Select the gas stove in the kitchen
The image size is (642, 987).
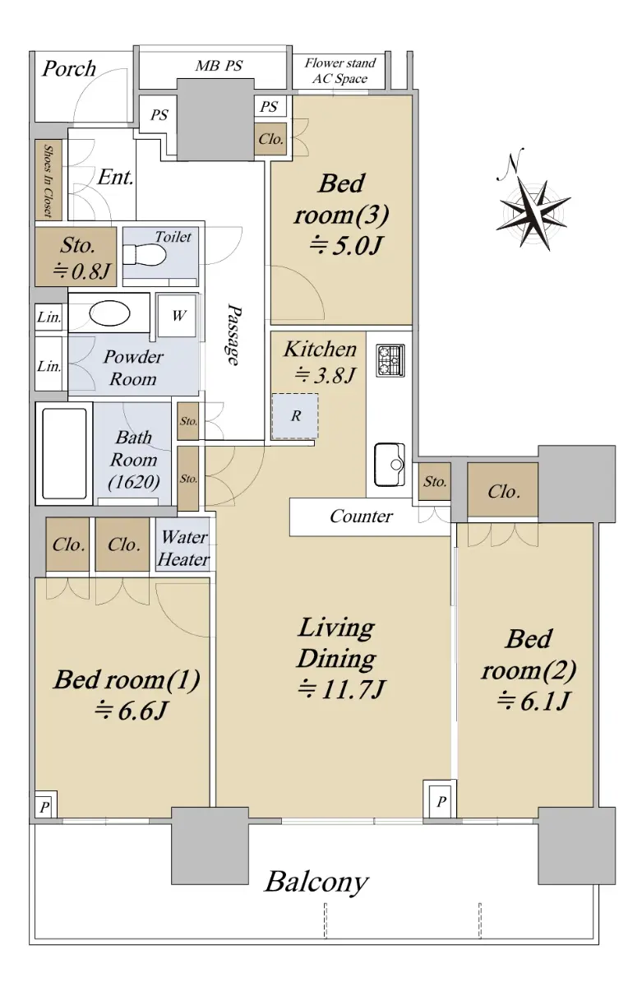[390, 360]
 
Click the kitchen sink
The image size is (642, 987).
[390, 464]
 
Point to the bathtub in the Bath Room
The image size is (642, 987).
[64, 453]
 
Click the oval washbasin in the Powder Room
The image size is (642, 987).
[109, 313]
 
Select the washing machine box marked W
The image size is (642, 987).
[176, 316]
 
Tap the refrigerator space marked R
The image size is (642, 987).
[294, 416]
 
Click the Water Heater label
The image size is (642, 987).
[183, 548]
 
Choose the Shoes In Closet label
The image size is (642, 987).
[48, 181]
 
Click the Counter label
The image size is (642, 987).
[361, 517]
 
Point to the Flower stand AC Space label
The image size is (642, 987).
[340, 71]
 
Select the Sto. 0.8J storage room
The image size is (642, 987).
[76, 257]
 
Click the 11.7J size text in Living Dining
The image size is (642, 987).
[342, 689]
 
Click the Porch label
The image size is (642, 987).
[69, 69]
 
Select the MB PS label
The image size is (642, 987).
[219, 66]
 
